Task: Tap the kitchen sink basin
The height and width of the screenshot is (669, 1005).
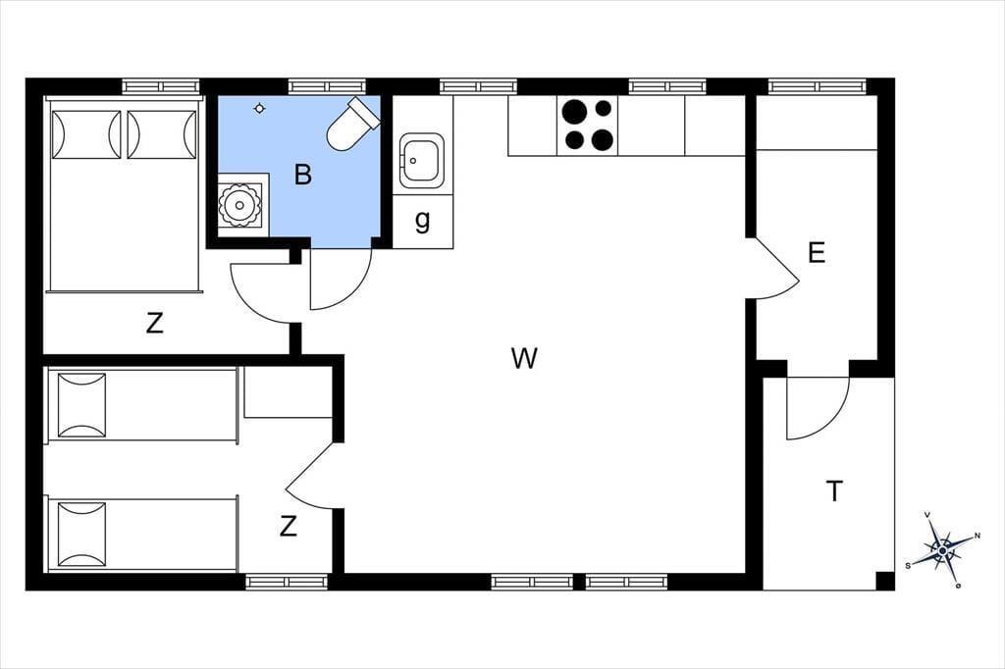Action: click(x=421, y=160)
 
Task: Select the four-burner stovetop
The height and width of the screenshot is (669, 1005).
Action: click(x=587, y=125)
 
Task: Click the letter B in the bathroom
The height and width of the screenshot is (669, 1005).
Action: click(x=302, y=175)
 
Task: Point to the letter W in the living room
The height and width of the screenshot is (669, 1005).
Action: click(x=524, y=358)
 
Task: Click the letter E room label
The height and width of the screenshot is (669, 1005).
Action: click(x=817, y=253)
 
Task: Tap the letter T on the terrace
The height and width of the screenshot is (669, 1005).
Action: click(x=834, y=491)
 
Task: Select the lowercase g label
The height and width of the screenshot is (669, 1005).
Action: click(x=422, y=221)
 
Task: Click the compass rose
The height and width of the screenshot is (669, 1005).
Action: click(x=942, y=549)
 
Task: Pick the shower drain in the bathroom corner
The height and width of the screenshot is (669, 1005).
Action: click(x=239, y=205)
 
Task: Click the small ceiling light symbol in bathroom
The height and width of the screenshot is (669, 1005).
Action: click(x=259, y=108)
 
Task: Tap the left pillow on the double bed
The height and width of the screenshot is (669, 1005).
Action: click(x=86, y=134)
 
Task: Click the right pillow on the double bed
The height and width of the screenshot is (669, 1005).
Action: click(x=162, y=134)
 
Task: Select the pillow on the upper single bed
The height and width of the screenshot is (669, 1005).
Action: click(x=82, y=405)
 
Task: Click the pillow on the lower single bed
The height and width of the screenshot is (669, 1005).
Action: click(x=82, y=534)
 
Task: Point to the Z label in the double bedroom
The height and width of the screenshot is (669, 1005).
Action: click(x=154, y=324)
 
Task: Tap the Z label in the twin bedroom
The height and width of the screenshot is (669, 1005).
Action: click(x=289, y=527)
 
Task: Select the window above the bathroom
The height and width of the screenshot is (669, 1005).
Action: click(x=327, y=86)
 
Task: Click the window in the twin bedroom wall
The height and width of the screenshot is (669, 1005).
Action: click(x=287, y=582)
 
